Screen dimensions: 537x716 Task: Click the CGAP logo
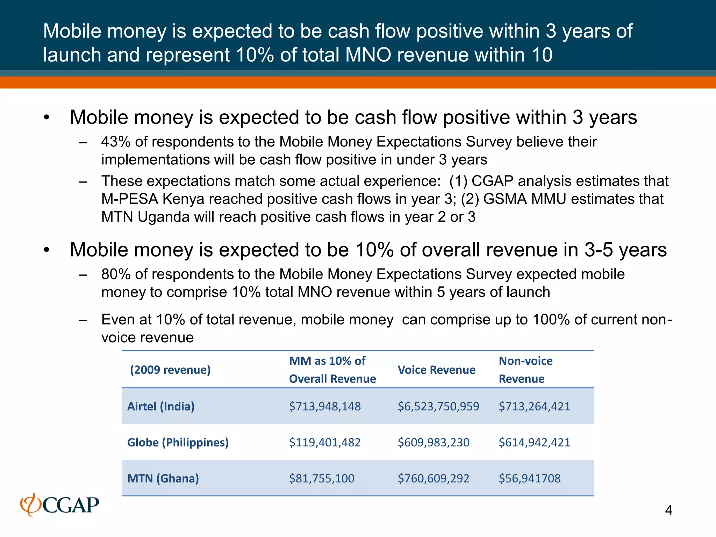[x=60, y=505]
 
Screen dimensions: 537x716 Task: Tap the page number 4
[x=668, y=510]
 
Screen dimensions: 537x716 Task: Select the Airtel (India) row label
[x=161, y=406]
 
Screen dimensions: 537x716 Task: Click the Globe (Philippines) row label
[x=178, y=442]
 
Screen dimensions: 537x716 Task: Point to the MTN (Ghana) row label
[x=163, y=478]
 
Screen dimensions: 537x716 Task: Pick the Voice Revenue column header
[x=436, y=370]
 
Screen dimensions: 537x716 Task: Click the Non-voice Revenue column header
[x=525, y=370]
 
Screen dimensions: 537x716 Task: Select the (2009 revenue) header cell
[x=170, y=370]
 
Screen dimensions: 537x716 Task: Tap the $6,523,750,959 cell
[x=438, y=406]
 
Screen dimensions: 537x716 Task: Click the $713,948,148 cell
[x=325, y=406]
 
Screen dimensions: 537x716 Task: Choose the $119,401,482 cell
[x=325, y=442]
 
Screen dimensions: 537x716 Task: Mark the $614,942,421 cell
[x=534, y=442]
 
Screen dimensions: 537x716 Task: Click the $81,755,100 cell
[x=322, y=478]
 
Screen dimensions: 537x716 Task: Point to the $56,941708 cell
[x=529, y=478]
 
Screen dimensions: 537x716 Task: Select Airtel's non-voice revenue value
[x=534, y=406]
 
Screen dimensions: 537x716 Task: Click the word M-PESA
[x=129, y=199]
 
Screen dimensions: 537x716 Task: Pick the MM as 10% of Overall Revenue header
[x=332, y=370]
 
